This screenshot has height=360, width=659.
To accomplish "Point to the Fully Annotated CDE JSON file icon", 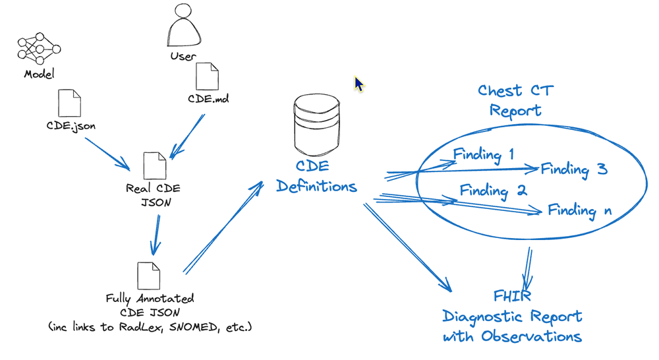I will click(x=148, y=276).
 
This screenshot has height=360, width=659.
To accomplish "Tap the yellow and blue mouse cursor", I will click(x=358, y=84).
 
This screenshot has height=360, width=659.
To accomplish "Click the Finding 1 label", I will click(x=484, y=155).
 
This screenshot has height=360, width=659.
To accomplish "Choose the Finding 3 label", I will click(x=573, y=169).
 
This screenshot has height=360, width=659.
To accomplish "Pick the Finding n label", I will click(x=580, y=211).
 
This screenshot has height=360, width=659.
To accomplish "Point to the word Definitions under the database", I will click(x=316, y=187).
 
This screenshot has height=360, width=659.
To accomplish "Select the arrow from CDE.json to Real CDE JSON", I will click(x=107, y=153).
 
